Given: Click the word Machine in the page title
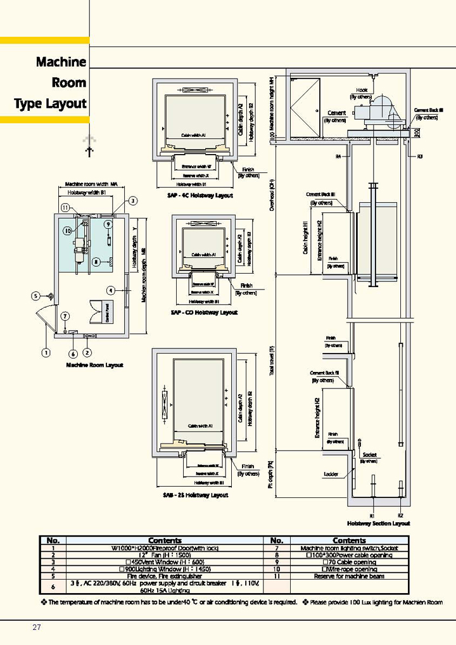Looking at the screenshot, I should point(61,62).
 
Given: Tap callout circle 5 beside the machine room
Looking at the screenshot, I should point(36,296).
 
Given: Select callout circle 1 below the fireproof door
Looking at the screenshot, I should point(46,352).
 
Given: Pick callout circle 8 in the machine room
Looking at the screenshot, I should point(96,261).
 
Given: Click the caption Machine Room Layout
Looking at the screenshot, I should point(95,366).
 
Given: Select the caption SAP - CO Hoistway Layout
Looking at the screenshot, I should point(204,312).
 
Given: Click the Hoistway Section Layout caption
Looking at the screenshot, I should point(379,523).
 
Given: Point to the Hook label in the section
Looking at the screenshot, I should point(362,91).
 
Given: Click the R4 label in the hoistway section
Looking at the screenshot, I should point(338,156).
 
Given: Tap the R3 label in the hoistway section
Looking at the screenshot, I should point(419,156).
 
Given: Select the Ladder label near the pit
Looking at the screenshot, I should point(331,474).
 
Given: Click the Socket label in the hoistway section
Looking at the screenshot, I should point(370,455).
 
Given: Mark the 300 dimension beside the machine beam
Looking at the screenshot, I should point(417,132).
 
